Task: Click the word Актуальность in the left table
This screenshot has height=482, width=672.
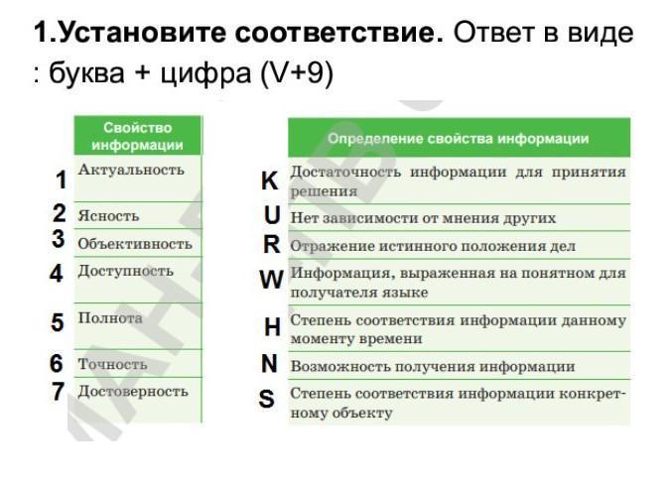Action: [x=131, y=170]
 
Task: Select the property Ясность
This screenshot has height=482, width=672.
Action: [x=108, y=216]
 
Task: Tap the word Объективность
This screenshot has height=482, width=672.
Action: [x=135, y=244]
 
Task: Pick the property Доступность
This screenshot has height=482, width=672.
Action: [x=126, y=271]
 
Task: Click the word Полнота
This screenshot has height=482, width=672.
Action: [x=110, y=318]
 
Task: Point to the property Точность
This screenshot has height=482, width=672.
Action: [x=113, y=364]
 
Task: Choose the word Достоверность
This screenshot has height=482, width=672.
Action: [x=133, y=391]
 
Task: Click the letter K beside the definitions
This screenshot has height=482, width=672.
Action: [x=270, y=181]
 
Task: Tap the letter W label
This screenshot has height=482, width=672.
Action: [x=271, y=281]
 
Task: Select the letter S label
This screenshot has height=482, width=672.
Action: [x=267, y=399]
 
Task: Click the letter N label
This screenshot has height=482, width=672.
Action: [x=269, y=364]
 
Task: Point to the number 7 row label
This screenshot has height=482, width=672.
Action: [x=59, y=391]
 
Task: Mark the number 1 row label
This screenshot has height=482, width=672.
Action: [x=62, y=180]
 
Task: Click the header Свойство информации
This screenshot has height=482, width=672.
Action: [x=138, y=136]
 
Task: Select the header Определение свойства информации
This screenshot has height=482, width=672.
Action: [x=459, y=139]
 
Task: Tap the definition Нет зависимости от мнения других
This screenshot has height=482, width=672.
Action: [x=423, y=218]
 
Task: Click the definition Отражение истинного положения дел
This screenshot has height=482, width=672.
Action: [x=433, y=246]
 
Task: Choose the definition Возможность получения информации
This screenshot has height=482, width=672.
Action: [x=433, y=367]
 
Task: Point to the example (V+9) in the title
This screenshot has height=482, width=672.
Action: [x=297, y=72]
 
